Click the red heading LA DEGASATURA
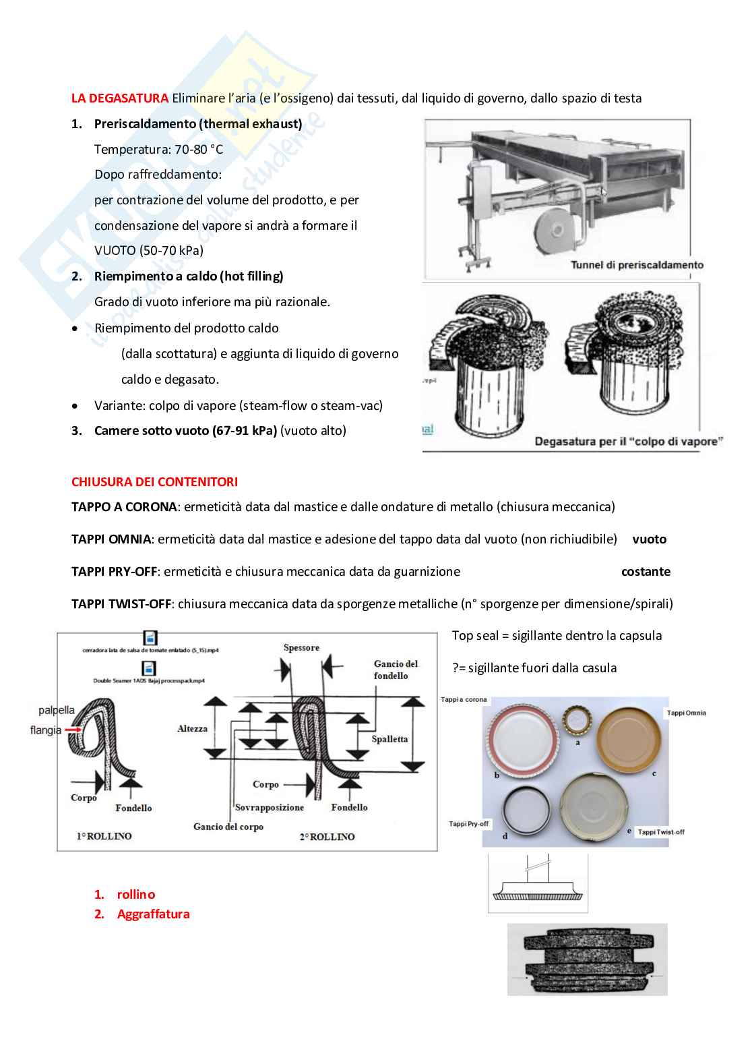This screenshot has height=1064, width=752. (119, 98)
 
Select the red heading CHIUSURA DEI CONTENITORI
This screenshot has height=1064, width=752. (154, 482)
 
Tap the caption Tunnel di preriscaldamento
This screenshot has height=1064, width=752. (637, 265)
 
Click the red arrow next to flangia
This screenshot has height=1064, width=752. (73, 729)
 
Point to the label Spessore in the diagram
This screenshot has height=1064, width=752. (301, 648)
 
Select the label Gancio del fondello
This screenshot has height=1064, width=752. (396, 670)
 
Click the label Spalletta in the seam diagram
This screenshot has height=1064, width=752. (389, 739)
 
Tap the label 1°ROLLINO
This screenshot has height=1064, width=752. (104, 836)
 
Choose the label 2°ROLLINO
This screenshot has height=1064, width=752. (327, 837)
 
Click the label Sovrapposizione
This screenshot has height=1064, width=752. (269, 807)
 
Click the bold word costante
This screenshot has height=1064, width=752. (646, 572)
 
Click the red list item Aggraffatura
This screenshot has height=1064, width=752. (153, 914)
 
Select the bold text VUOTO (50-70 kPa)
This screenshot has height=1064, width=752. (149, 251)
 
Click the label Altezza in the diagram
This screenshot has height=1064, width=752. (192, 729)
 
